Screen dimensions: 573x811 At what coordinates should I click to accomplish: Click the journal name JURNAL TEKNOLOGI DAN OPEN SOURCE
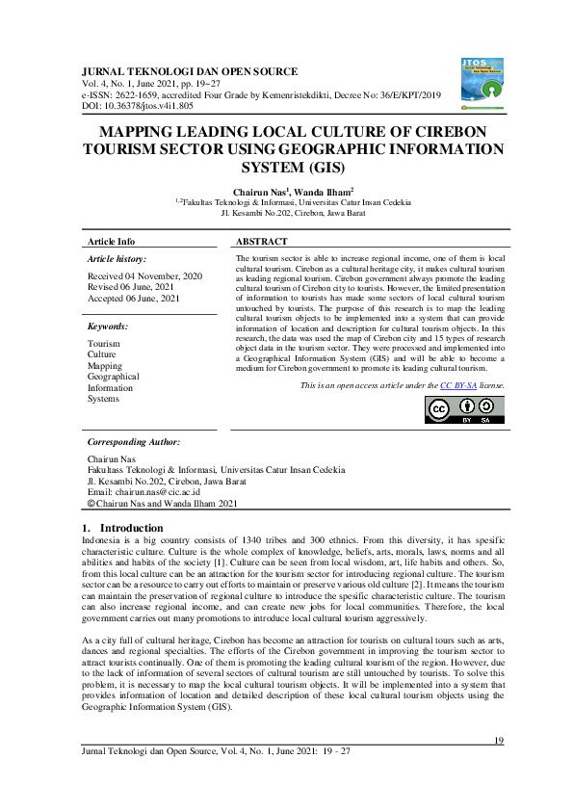[x=191, y=71]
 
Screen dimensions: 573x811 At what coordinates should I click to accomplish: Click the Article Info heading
[x=112, y=241]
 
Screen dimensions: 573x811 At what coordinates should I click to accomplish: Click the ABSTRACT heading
[x=262, y=241]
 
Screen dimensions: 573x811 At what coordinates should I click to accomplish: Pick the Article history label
[x=117, y=260]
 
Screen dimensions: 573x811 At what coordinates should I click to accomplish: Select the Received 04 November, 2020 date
[x=144, y=275]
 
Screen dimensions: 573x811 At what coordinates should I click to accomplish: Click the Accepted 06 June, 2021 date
[x=134, y=299]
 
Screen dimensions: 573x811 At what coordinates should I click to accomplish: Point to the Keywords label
[x=107, y=327]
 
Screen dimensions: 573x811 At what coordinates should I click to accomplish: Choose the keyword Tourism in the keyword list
[x=104, y=344]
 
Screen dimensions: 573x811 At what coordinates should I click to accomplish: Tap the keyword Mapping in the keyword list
[x=105, y=366]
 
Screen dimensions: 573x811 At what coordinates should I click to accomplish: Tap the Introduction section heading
[x=132, y=528]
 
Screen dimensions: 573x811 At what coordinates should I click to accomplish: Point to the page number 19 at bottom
[x=499, y=740]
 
